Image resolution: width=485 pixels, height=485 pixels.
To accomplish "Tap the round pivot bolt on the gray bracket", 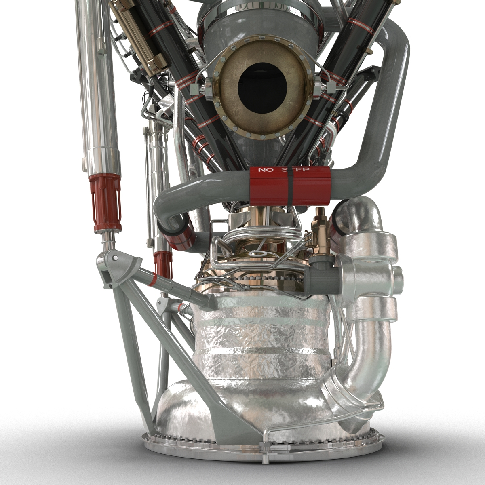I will click(x=115, y=257).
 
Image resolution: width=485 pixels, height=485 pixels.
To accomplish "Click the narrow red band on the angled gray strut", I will click(x=155, y=278).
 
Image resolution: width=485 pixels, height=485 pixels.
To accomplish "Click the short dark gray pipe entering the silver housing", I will click(x=322, y=279).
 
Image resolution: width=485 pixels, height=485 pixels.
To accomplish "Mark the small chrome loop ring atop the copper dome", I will click(x=255, y=254).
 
